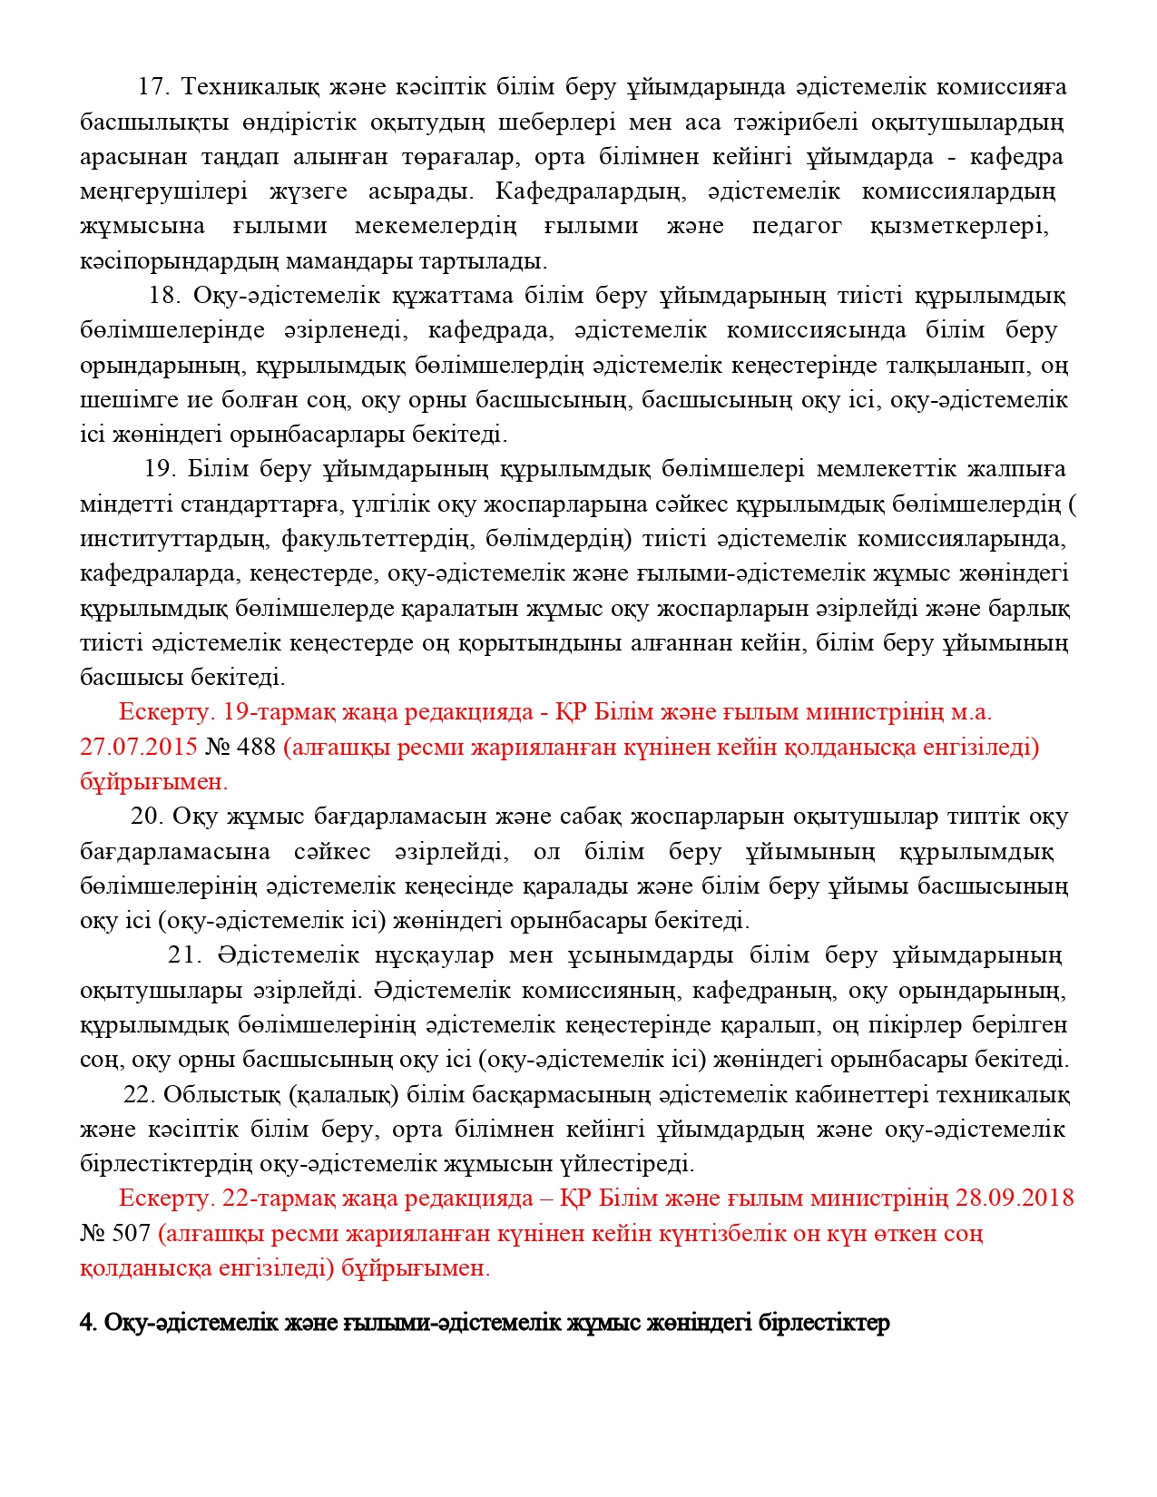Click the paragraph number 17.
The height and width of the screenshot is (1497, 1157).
click(153, 87)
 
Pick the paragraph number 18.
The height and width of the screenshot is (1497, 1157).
click(165, 296)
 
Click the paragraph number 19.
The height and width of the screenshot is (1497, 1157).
click(160, 469)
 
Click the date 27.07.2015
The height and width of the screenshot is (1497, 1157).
click(139, 748)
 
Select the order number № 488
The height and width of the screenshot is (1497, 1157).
click(240, 748)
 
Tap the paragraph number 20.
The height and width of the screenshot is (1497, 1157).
click(146, 817)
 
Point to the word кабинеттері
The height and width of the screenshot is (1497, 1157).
click(866, 1095)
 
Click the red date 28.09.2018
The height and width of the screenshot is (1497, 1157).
click(1014, 1199)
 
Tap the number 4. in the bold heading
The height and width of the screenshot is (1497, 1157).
click(88, 1323)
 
